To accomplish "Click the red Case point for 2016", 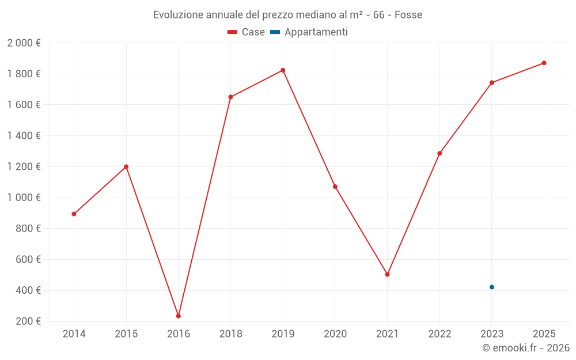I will point(179,316).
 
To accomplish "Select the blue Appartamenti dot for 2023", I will point(492,287).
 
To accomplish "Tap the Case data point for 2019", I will point(283,70).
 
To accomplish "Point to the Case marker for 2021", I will point(387,274).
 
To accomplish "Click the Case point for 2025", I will point(544,63).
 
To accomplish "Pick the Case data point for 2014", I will point(74,214).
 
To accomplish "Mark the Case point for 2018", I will point(230,97).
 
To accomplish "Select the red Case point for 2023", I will point(492,82).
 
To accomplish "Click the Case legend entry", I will point(247,32).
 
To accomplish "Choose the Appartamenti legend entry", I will point(309,32).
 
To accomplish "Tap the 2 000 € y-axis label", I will point(24,43).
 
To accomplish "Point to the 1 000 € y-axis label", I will point(24,198).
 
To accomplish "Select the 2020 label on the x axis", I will point(335,334).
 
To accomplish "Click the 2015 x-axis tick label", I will point(126,334).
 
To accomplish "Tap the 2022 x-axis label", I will point(439,334).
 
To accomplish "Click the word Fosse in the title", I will point(408,14).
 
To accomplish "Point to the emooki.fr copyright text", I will point(526,348).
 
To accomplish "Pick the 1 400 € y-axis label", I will point(24,135).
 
